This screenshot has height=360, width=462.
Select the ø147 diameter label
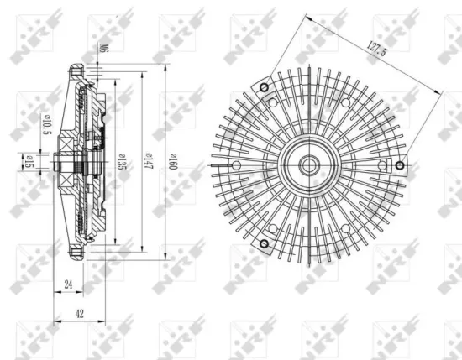pos(148,159)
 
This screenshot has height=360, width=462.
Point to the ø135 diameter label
pos(123,159)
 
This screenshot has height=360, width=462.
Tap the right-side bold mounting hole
pos(400,164)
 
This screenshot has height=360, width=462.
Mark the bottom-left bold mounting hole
pos(264,243)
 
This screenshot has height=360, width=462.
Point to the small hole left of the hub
pos(237,165)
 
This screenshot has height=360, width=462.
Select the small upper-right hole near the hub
pos(344,102)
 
